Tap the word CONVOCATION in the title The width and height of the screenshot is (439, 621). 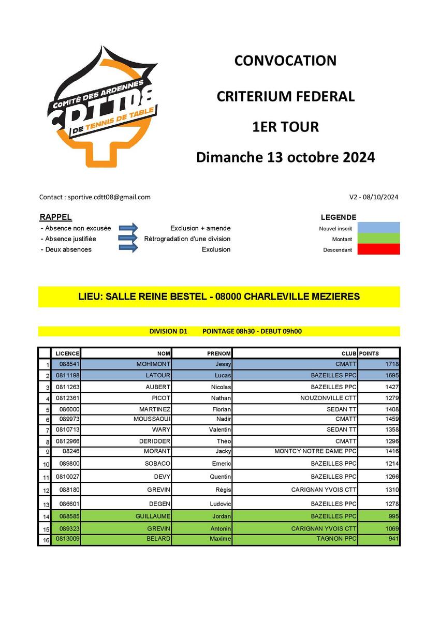pos(285,61)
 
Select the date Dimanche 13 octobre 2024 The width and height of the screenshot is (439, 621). pos(285,157)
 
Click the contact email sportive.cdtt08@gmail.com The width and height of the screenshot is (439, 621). pos(109,197)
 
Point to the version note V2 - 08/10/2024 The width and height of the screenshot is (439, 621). pos(374,197)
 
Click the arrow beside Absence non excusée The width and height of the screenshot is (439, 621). pos(128,228)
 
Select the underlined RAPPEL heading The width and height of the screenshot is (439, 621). pos(55,217)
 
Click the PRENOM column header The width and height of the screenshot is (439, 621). pos(218,353)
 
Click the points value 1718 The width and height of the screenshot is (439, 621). pos(392,364)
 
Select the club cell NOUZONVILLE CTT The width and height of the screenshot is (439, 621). pos(328,398)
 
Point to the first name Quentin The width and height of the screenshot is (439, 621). pos(220,477)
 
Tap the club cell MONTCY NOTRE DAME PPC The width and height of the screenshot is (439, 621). pos(315,451)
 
